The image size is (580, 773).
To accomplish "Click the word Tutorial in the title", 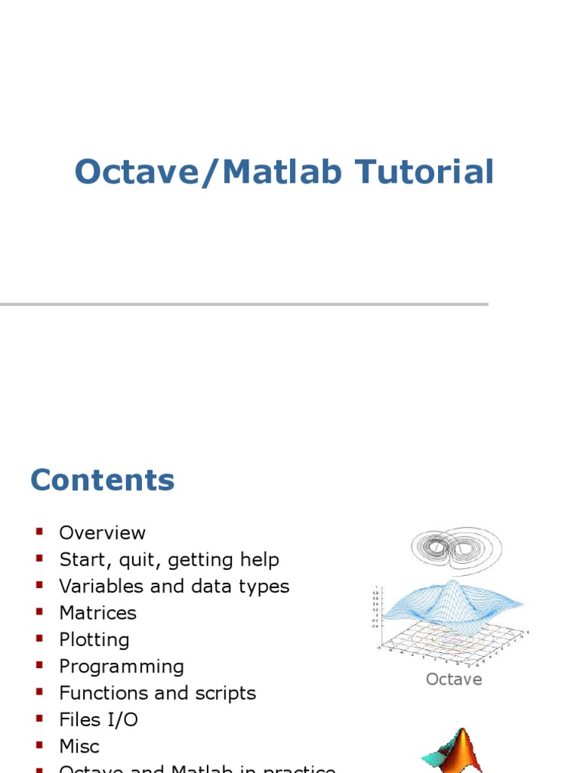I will tap(426, 172).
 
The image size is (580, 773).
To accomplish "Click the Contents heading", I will tap(103, 480).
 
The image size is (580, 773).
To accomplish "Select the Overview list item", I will tap(102, 533).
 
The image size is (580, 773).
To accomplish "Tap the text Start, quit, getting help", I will tap(169, 560).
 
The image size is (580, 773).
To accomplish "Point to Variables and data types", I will tap(174, 587).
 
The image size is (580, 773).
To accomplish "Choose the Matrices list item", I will tap(97, 613).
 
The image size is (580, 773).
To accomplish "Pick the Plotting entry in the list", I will tap(94, 640).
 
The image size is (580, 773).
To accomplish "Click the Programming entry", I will tap(122, 667).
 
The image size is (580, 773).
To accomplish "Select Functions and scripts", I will tap(157, 693).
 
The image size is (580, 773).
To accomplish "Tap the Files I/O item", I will tap(98, 720).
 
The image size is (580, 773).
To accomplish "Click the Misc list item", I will tap(79, 747).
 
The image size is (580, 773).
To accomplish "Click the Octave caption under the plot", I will tap(454, 679).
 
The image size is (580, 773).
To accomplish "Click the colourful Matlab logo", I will tap(452, 751).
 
